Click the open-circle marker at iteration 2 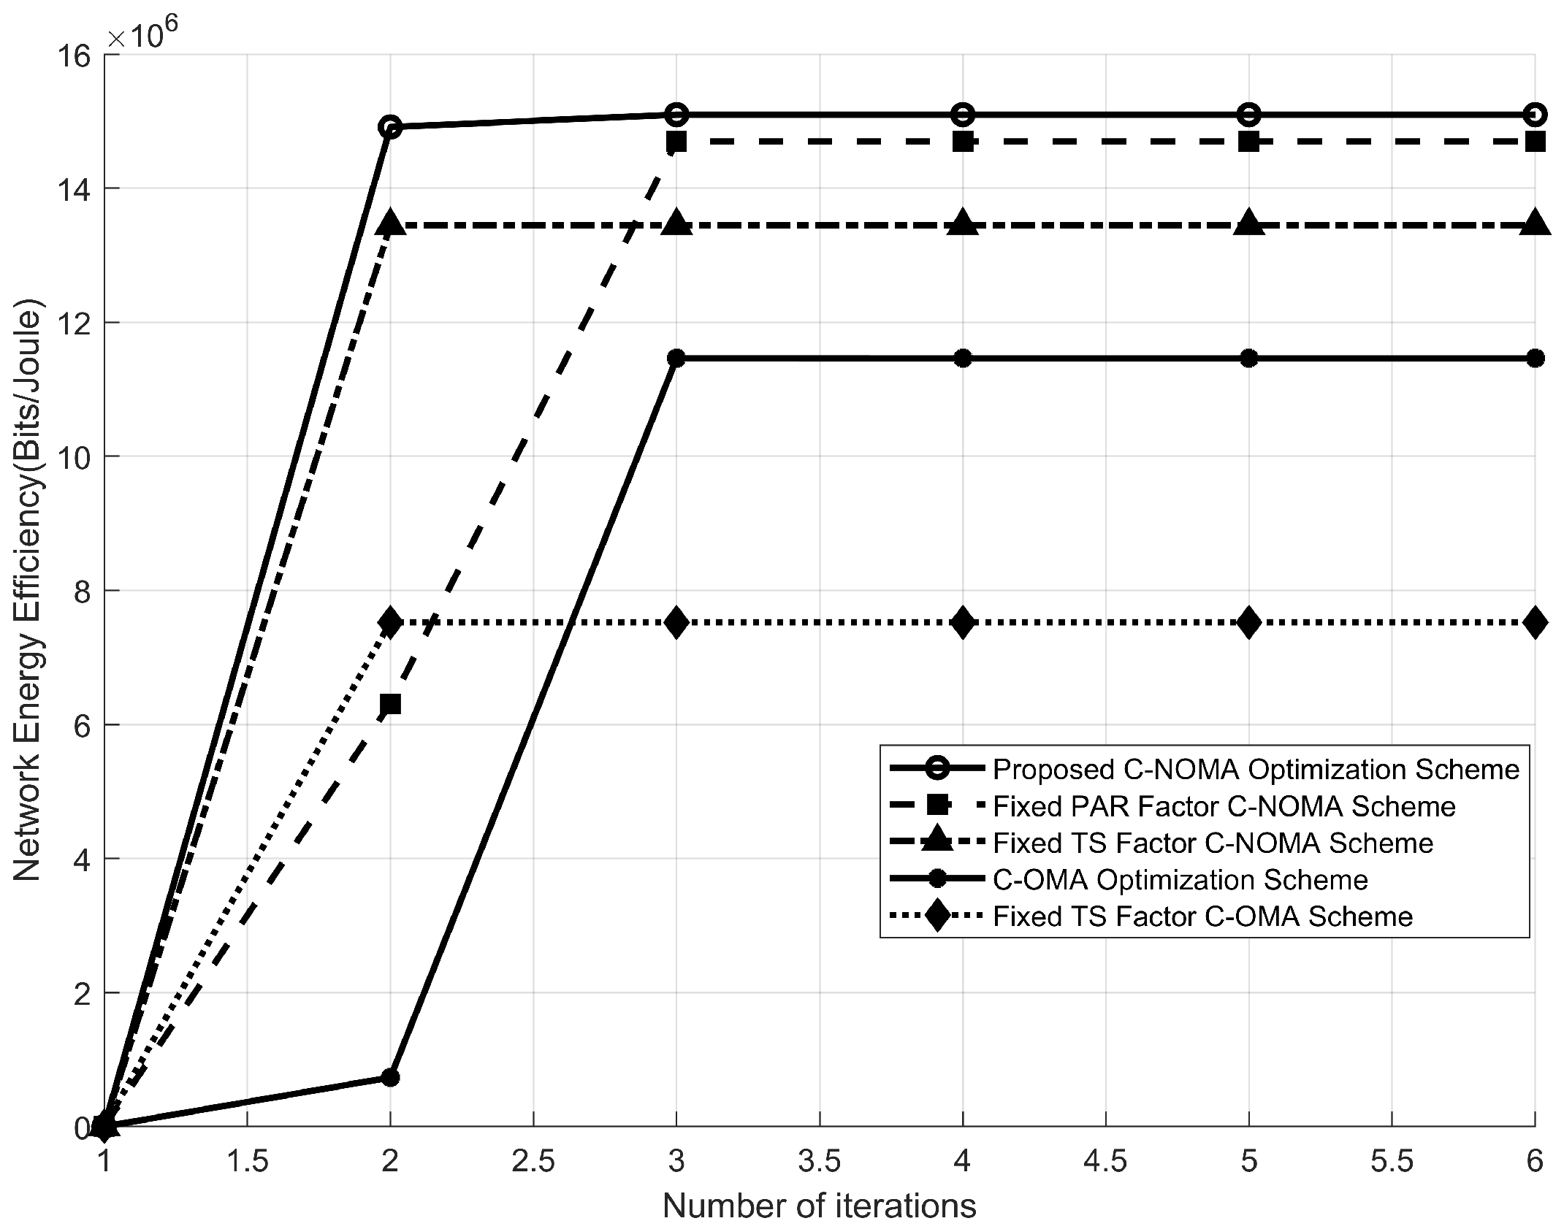[x=391, y=127]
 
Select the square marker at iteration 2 [x=391, y=704]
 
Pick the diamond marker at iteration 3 [x=676, y=622]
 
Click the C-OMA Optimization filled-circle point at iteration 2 [x=391, y=1077]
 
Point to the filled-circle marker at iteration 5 [x=1249, y=358]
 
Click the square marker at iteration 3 [x=676, y=142]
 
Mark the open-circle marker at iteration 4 [x=963, y=114]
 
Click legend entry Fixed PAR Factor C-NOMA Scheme [x=1224, y=805]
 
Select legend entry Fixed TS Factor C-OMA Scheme [x=1203, y=916]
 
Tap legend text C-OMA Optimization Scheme [x=1180, y=879]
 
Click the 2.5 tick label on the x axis [x=533, y=1160]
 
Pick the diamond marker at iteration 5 [x=1249, y=622]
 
